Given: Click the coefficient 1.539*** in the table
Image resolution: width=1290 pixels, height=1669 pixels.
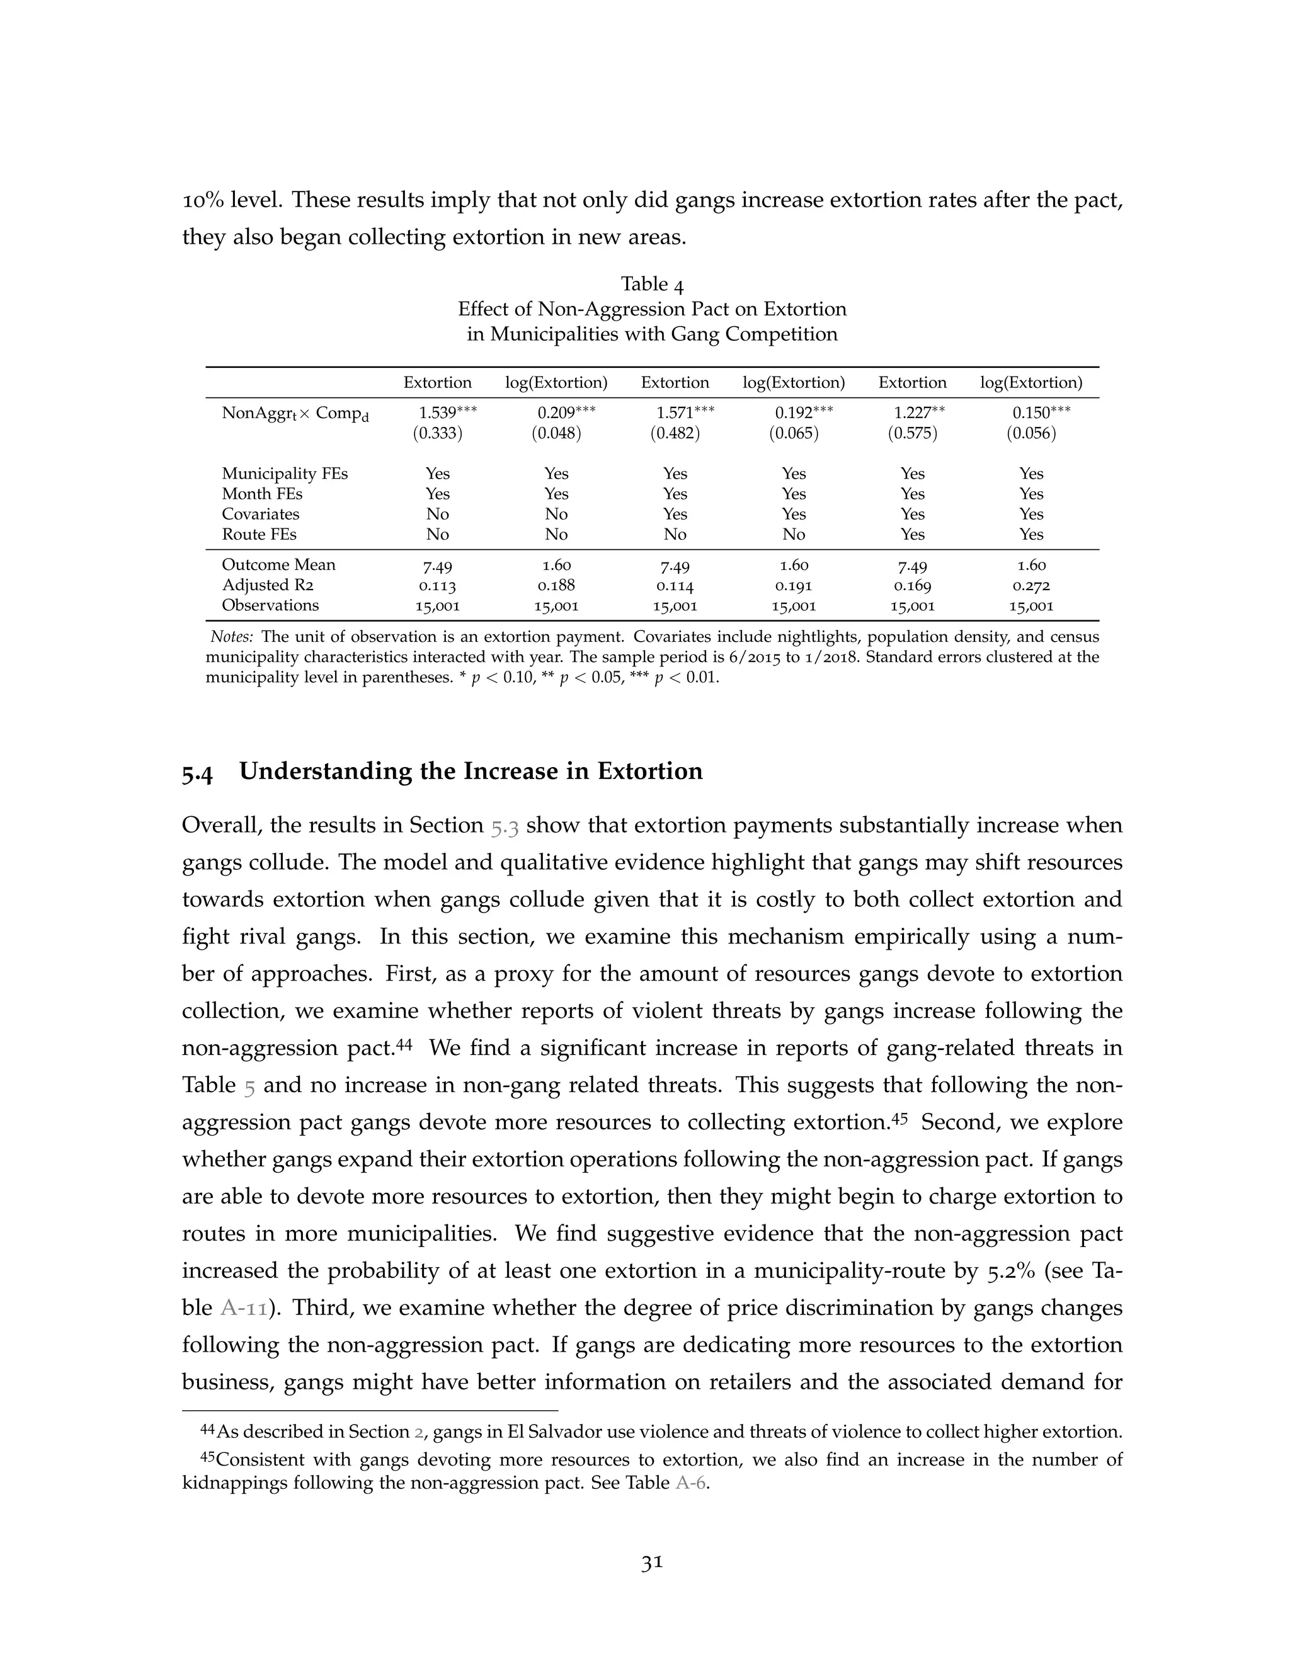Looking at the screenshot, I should (x=447, y=413).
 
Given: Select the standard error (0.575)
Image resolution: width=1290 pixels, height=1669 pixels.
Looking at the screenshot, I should (x=913, y=434).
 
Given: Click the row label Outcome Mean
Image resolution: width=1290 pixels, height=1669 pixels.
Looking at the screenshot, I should (x=278, y=566).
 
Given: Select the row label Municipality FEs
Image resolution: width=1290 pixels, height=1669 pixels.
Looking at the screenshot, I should (x=284, y=474).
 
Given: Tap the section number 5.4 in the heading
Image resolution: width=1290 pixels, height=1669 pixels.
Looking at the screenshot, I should (x=197, y=773).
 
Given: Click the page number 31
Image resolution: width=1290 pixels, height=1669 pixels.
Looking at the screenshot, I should (x=652, y=1564).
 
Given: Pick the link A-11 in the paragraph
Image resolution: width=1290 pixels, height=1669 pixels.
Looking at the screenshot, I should (x=244, y=1308).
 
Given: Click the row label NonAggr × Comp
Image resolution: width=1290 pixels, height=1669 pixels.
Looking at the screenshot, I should (x=295, y=414).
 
